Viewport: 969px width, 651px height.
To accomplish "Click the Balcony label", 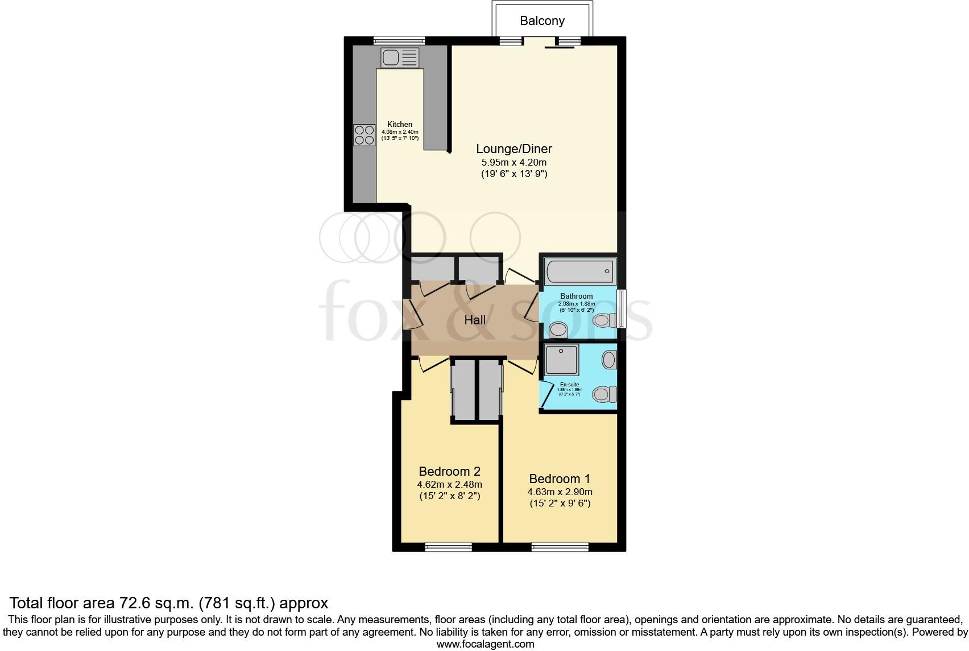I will click(542, 21).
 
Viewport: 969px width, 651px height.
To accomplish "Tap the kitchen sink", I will click(400, 57).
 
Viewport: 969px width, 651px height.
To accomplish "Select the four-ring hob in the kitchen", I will click(364, 135).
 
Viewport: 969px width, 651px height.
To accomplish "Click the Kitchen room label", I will click(400, 124).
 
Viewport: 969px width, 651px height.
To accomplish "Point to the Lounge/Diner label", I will click(514, 149).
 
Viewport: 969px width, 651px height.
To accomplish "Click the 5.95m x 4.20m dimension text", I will click(514, 162).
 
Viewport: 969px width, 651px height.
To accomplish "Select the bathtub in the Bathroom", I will click(579, 271).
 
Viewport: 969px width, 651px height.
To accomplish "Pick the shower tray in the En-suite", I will click(561, 360).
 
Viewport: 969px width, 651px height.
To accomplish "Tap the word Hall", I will click(475, 320).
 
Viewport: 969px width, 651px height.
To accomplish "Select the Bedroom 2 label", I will click(449, 471).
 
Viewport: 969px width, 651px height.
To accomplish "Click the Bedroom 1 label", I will click(560, 479).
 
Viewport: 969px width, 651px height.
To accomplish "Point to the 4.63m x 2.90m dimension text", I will click(560, 492).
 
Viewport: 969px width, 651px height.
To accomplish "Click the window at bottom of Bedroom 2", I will click(448, 547).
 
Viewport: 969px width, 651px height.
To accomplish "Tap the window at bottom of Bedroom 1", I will click(560, 547).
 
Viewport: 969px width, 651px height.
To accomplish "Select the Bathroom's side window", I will click(622, 308).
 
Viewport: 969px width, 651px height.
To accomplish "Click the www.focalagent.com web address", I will click(485, 644).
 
